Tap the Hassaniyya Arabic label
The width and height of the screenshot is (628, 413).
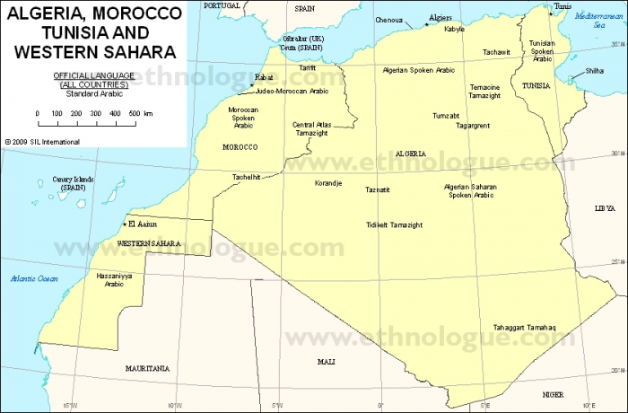114,280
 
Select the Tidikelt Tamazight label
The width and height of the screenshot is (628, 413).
394,224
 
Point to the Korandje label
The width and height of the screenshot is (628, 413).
327,183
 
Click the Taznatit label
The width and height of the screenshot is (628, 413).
378,189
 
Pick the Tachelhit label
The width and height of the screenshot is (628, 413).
246,177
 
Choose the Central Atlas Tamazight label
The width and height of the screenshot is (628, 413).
312,128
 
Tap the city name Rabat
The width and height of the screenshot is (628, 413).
264,78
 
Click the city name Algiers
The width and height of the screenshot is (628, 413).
440,17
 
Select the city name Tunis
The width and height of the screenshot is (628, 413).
563,6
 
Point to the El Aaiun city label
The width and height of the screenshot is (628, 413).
144,224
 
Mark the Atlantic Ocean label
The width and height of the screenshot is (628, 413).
34,279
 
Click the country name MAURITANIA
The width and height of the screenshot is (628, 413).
147,368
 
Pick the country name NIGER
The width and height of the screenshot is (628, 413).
554,394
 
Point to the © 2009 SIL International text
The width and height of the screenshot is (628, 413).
43,141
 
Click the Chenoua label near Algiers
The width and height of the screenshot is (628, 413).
388,19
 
